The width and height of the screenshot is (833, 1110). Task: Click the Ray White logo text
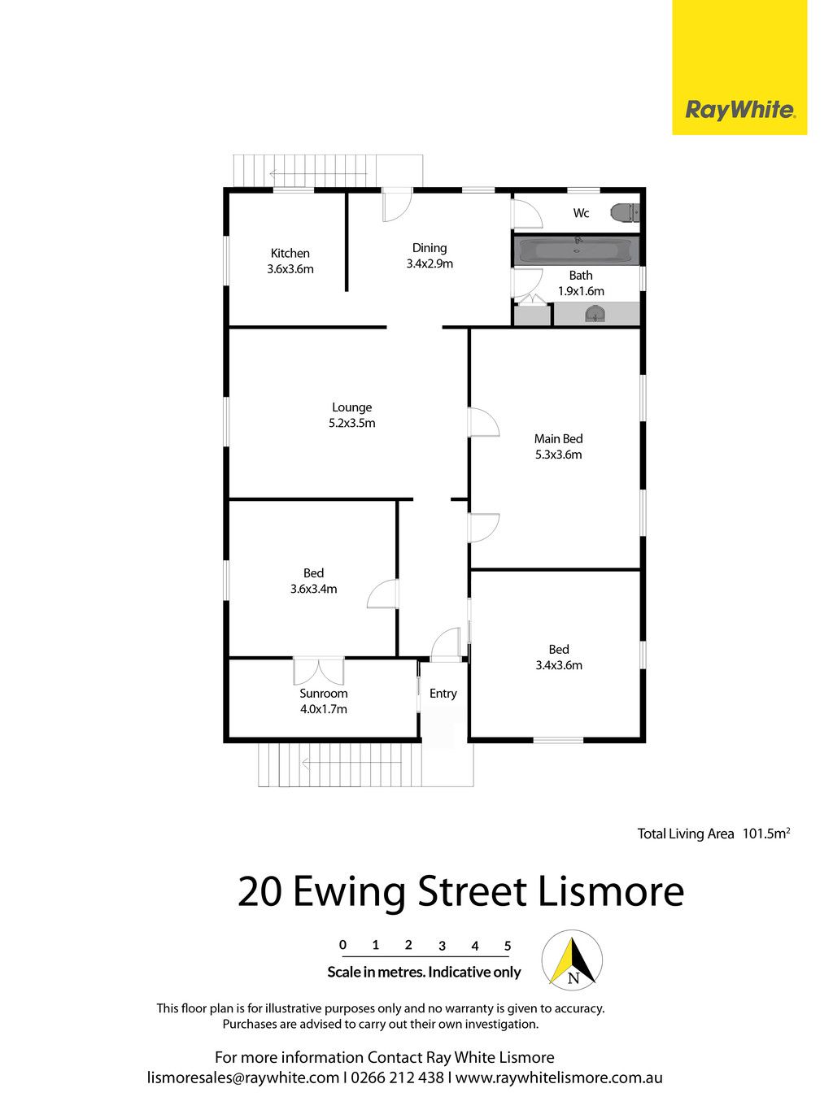pyautogui.click(x=739, y=110)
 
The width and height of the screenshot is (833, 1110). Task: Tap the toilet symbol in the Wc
pyautogui.click(x=625, y=213)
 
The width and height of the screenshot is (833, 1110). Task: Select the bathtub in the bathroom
pyautogui.click(x=577, y=250)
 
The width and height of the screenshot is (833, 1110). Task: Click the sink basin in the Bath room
pyautogui.click(x=595, y=316)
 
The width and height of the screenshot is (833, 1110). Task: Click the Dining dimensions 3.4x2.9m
pyautogui.click(x=430, y=263)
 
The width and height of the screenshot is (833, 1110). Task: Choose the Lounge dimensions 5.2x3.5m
pyautogui.click(x=352, y=424)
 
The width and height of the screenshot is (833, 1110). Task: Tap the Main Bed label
pyautogui.click(x=558, y=438)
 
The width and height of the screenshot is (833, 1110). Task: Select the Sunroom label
pyautogui.click(x=323, y=694)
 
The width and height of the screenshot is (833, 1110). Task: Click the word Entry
pyautogui.click(x=443, y=694)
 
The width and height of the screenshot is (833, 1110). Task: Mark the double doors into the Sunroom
pyautogui.click(x=319, y=671)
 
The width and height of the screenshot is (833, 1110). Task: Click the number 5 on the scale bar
pyautogui.click(x=508, y=945)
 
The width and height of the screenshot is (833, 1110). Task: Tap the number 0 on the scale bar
pyautogui.click(x=343, y=945)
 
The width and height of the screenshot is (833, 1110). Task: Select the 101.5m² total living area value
pyautogui.click(x=765, y=834)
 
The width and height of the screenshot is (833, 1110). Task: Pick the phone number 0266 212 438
pyautogui.click(x=398, y=1077)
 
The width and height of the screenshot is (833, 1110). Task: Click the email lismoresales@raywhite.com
pyautogui.click(x=243, y=1078)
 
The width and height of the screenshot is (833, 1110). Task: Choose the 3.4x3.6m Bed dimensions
pyautogui.click(x=559, y=665)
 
